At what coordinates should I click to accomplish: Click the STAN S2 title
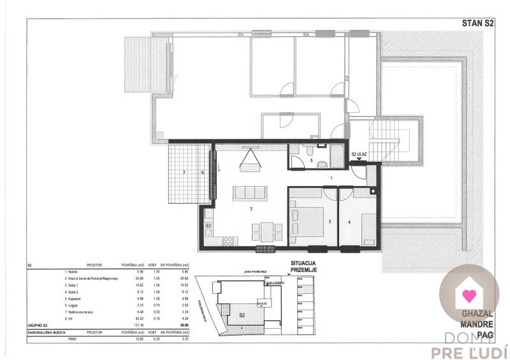[x=477, y=23]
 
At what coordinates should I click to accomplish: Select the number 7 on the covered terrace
[x=184, y=173]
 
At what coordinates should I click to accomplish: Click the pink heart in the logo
[x=469, y=295]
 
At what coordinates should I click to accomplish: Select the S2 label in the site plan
[x=242, y=315]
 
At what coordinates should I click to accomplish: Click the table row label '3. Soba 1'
[x=75, y=284]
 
